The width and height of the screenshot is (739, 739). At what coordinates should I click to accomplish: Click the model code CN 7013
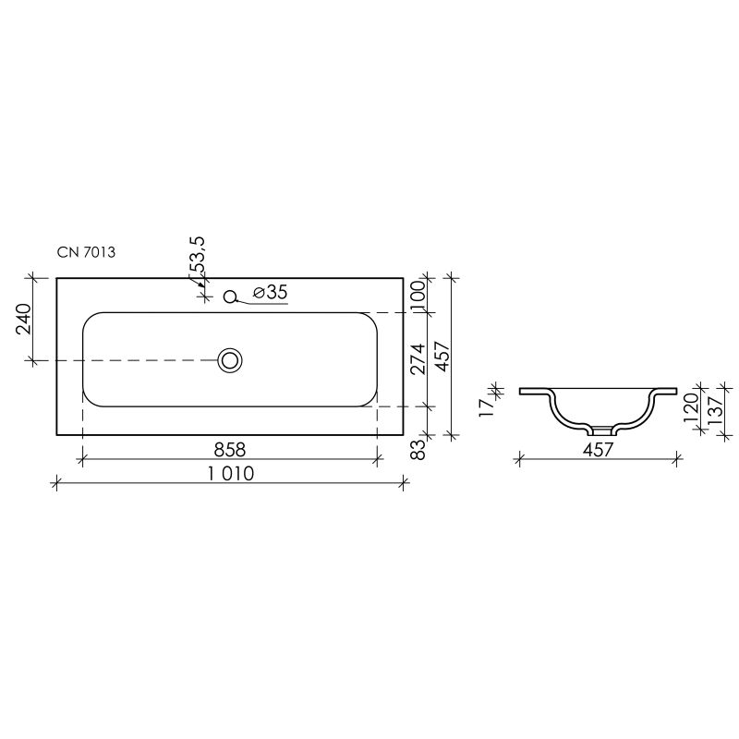coord(85,252)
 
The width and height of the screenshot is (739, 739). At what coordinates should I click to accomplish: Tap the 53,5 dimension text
coord(198,255)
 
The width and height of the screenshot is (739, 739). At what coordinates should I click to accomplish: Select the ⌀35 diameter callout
coord(270,293)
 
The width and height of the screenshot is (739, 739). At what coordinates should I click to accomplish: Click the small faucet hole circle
coord(232,297)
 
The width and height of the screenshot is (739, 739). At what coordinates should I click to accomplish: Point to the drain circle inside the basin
coord(229,359)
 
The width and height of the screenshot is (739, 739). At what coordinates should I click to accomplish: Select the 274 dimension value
coord(418,358)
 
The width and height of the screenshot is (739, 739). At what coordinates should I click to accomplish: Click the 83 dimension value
coord(418,449)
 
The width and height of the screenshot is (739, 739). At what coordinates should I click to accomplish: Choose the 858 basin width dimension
coord(229,449)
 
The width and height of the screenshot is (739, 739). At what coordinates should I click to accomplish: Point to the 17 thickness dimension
coord(487,407)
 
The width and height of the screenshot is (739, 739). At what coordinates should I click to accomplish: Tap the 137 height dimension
coord(714,407)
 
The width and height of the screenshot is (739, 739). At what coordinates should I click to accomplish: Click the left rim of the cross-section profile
coord(533,392)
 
